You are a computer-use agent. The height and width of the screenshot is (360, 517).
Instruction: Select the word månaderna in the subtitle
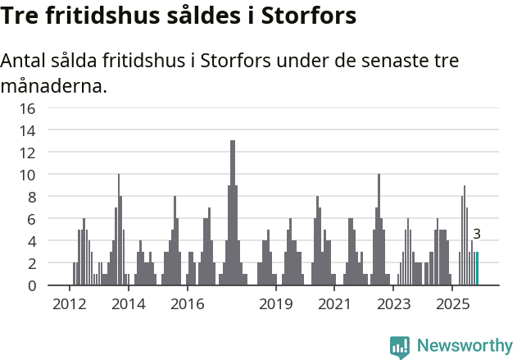click(x=53, y=86)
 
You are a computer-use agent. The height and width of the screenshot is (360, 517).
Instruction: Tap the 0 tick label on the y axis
click(x=31, y=285)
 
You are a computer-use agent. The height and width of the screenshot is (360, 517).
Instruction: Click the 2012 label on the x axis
click(x=69, y=304)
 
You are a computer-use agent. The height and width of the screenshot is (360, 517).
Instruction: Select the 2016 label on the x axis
click(x=188, y=304)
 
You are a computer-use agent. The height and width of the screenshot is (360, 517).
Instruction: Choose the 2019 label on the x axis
click(x=276, y=304)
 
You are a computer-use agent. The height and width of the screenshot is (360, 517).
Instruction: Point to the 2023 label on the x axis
click(x=394, y=304)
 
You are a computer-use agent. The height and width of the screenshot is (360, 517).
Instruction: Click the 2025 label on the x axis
click(x=452, y=304)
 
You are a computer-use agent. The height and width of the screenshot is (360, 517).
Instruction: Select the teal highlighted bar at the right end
click(x=477, y=269)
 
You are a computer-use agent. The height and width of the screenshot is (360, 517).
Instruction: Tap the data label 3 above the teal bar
click(x=477, y=235)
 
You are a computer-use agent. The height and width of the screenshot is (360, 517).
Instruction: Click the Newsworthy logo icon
click(x=400, y=346)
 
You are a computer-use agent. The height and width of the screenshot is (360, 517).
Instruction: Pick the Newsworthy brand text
click(x=464, y=346)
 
